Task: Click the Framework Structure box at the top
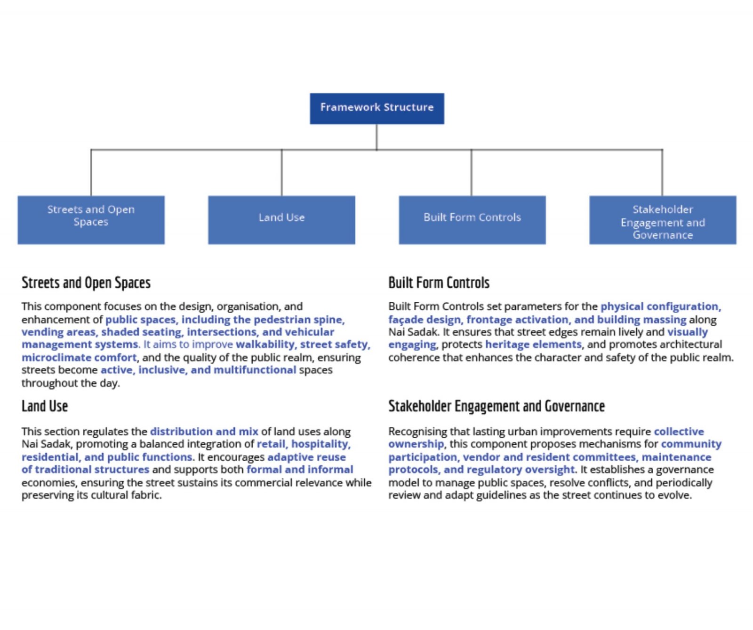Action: click(376, 108)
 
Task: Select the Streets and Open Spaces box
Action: click(91, 220)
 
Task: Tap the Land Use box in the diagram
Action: click(281, 220)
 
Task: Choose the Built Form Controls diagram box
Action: click(472, 220)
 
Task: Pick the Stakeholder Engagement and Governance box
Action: click(663, 220)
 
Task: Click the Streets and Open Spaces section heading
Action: click(86, 283)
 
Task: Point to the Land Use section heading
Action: click(45, 406)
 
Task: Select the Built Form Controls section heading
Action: click(439, 283)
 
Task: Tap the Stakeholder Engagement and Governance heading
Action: click(497, 406)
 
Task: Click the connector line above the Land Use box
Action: click(281, 173)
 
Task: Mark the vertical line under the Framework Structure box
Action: click(376, 137)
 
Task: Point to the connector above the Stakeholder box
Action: click(662, 173)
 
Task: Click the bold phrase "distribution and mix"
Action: click(204, 431)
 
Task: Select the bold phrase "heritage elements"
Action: click(534, 344)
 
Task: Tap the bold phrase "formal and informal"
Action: click(300, 469)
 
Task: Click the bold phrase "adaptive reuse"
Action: click(306, 457)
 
